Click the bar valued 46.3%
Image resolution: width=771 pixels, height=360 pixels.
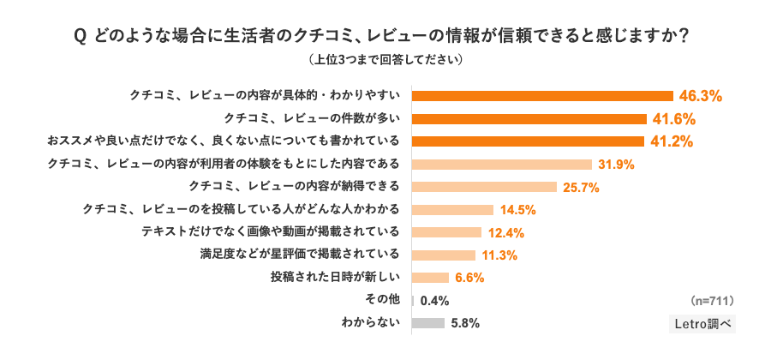(x=542, y=95)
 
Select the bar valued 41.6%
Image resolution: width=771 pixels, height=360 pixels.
(x=529, y=118)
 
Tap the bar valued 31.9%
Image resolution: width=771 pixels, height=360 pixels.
(x=502, y=164)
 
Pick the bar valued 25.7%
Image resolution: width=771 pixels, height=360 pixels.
(x=485, y=187)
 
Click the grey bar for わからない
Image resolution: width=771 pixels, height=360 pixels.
(x=428, y=323)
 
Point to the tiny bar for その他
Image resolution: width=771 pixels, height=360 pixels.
(x=414, y=301)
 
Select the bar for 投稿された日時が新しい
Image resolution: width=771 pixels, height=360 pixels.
(x=431, y=278)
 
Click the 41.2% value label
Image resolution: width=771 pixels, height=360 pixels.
(x=672, y=141)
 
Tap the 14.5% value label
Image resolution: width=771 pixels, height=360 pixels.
(x=519, y=210)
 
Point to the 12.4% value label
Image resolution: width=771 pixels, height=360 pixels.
(x=507, y=232)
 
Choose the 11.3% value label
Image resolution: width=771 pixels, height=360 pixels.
(x=501, y=255)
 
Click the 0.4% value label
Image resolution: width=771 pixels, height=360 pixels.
(x=434, y=301)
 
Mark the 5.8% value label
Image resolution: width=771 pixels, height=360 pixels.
(x=464, y=324)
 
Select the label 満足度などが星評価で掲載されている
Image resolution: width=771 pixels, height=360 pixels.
(x=300, y=255)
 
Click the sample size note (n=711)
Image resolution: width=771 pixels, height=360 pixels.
(x=711, y=301)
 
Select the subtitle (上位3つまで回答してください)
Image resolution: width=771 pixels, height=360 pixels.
(x=385, y=61)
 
